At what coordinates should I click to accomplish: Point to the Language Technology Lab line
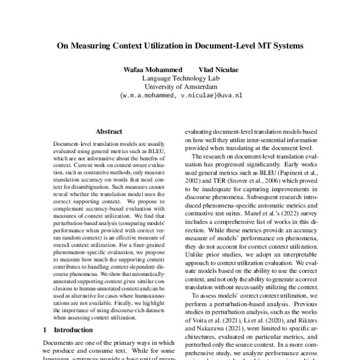(x=180, y=79)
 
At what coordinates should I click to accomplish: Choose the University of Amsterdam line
(x=180, y=86)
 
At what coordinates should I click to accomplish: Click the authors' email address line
(x=181, y=95)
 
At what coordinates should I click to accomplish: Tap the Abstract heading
(x=109, y=130)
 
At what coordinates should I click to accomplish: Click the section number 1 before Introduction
(x=46, y=330)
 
